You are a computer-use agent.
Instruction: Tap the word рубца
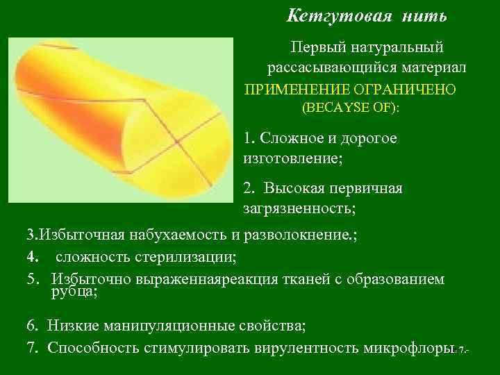coord(73,292)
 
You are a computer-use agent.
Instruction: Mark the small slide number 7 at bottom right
coord(460,351)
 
